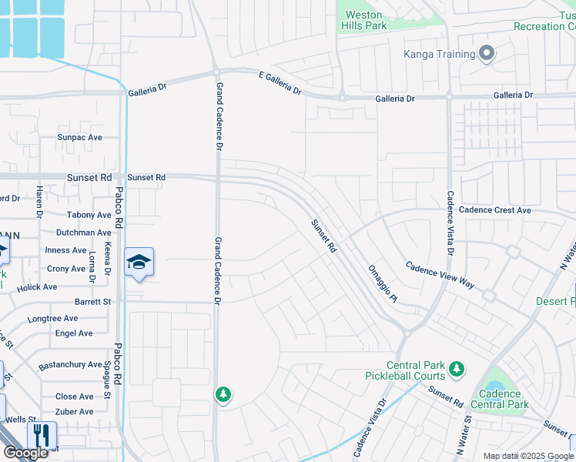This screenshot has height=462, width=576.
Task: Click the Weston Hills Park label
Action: coord(363,20)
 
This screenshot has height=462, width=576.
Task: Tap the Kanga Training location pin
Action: coord(486,54)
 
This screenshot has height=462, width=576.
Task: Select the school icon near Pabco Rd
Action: coord(139,263)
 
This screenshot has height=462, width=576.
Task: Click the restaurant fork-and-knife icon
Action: coord(42,434)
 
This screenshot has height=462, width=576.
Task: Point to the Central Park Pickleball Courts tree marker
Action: coord(456,369)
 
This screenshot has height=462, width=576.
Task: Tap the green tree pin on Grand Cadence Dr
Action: coord(223,394)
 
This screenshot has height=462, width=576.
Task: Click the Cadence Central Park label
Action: coord(499,399)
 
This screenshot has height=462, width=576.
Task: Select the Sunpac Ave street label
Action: coord(79,138)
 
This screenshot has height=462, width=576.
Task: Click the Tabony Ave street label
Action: coord(89,216)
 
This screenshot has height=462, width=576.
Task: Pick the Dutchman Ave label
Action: coord(84,233)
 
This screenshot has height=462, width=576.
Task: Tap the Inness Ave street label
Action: coord(66,250)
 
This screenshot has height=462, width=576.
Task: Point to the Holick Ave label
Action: coord(38,287)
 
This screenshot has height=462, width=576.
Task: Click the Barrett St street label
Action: coord(93,302)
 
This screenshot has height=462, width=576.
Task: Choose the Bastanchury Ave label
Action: coord(70,365)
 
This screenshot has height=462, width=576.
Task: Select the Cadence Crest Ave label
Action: coord(494,210)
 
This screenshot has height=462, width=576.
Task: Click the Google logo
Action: coord(25,453)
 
